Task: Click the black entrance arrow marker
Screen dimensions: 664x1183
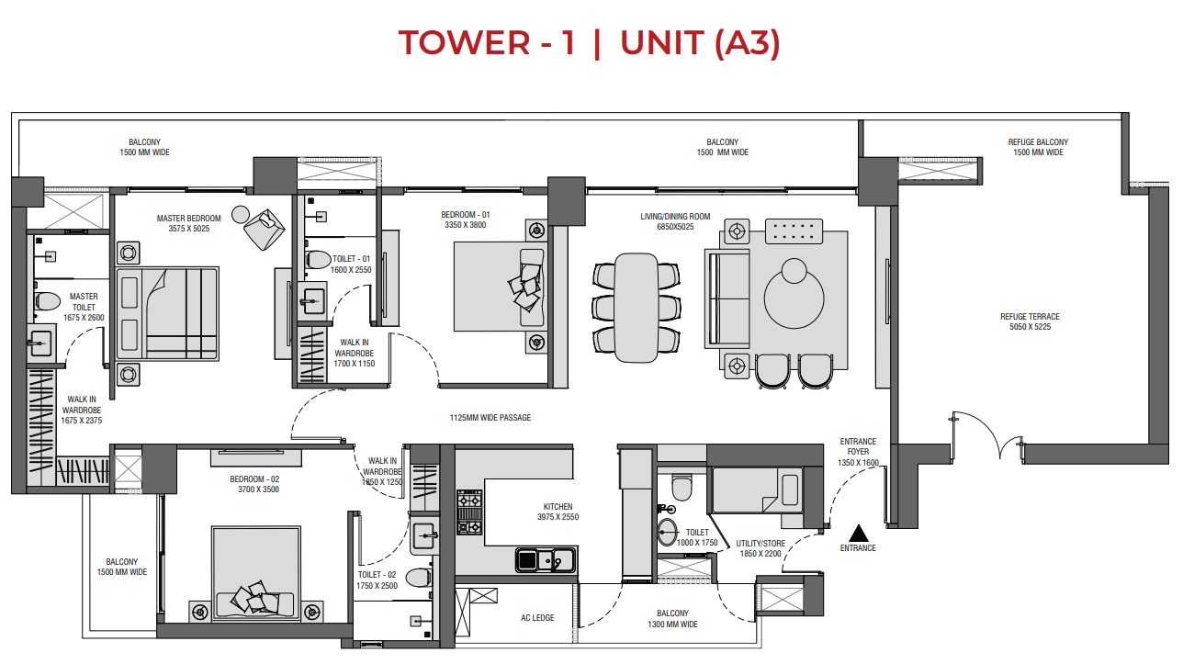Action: [x=857, y=532]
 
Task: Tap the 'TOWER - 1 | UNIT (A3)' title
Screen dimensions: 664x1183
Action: [x=590, y=43]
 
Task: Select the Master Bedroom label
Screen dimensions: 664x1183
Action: [x=183, y=223]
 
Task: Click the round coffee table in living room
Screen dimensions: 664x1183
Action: [x=795, y=295]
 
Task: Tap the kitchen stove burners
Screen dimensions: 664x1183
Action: [x=469, y=512]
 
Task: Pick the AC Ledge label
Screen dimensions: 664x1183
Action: [x=536, y=618]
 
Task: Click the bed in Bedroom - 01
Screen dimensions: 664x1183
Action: [x=501, y=286]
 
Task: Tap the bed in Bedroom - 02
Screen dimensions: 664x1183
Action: [x=255, y=573]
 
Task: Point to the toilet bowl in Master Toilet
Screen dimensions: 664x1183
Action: [x=46, y=300]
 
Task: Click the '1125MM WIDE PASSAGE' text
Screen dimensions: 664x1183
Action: [x=490, y=418]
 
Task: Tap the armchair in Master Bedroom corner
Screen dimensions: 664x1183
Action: [x=265, y=228]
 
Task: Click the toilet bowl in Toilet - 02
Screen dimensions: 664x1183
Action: [x=418, y=578]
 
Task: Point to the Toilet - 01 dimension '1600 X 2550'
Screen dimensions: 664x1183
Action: [x=352, y=270]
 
